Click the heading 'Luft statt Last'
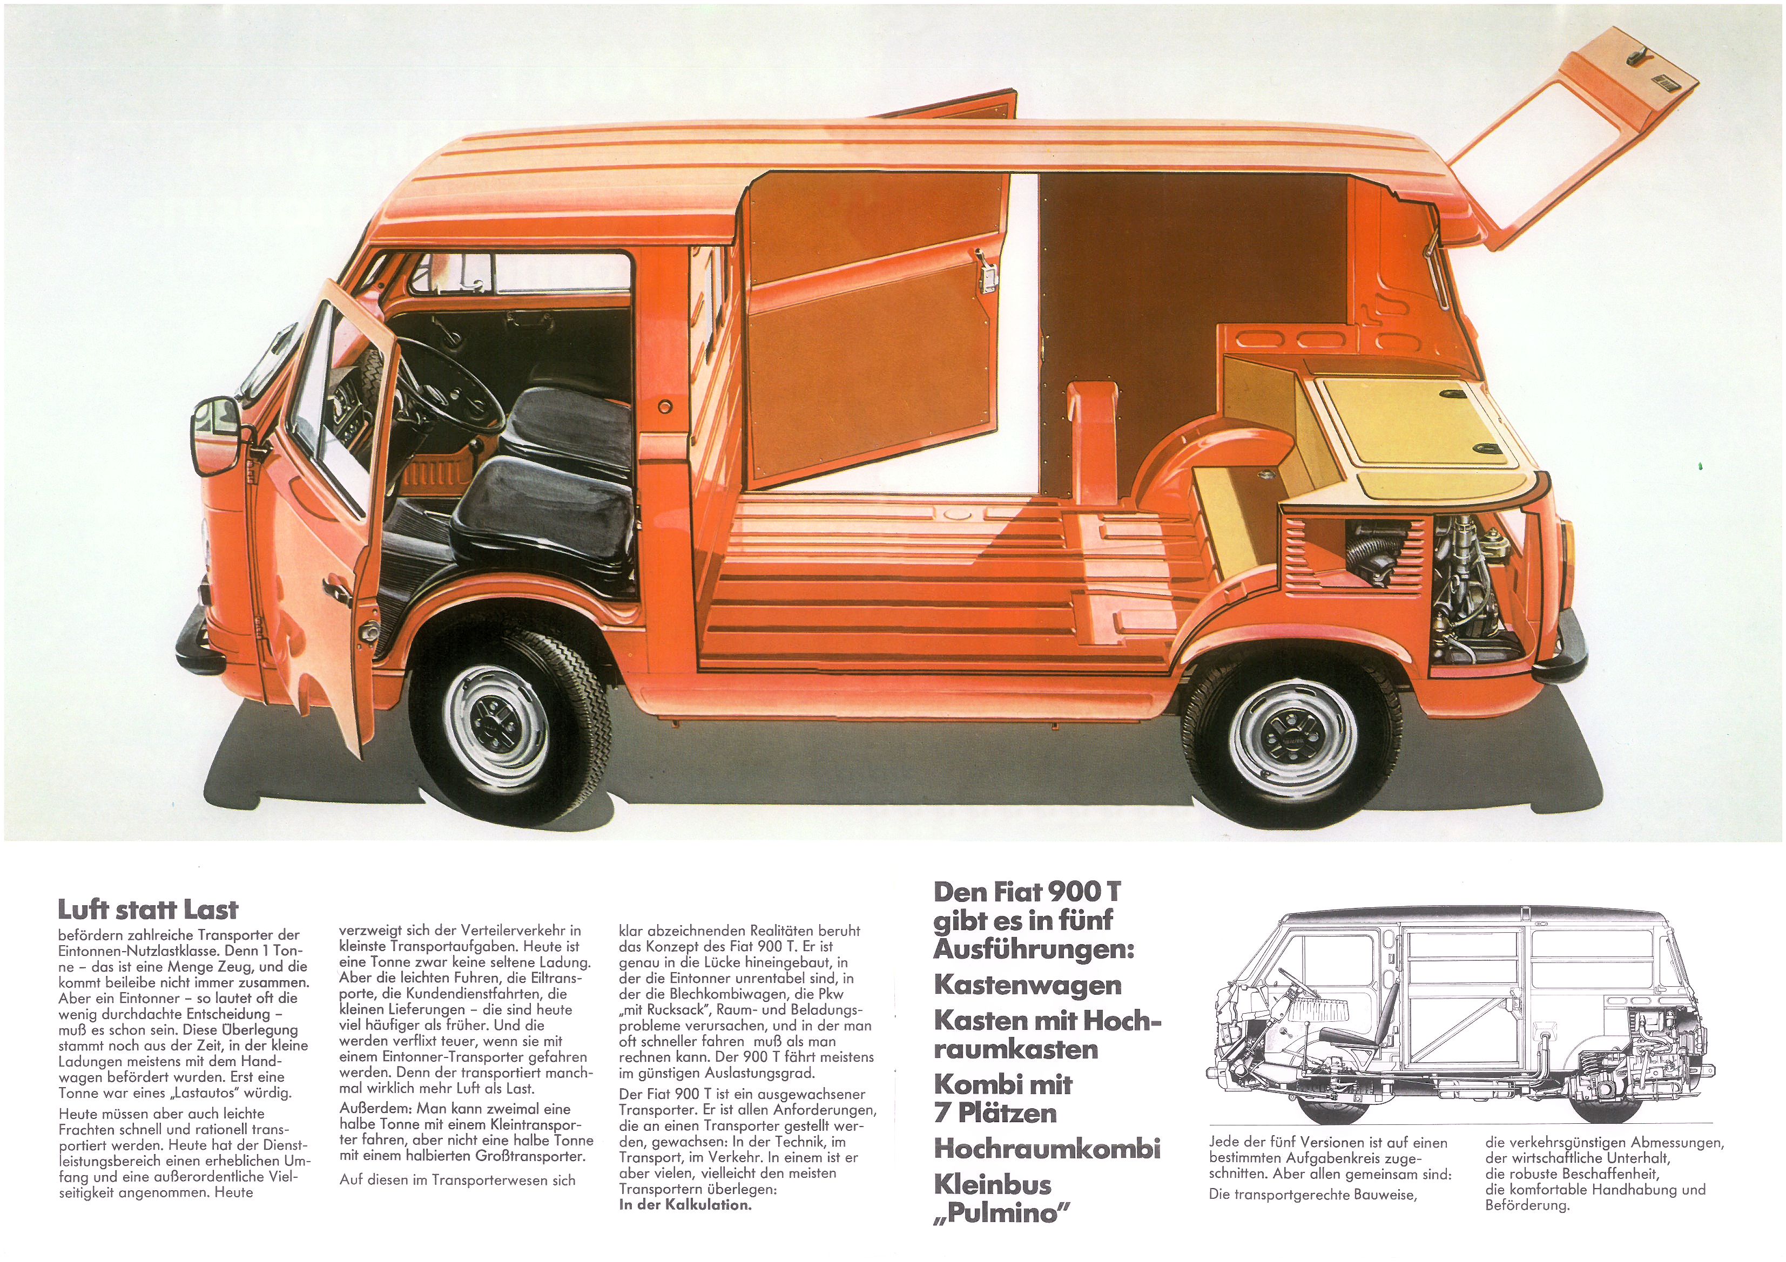(x=148, y=910)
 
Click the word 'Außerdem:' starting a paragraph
(x=376, y=1108)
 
